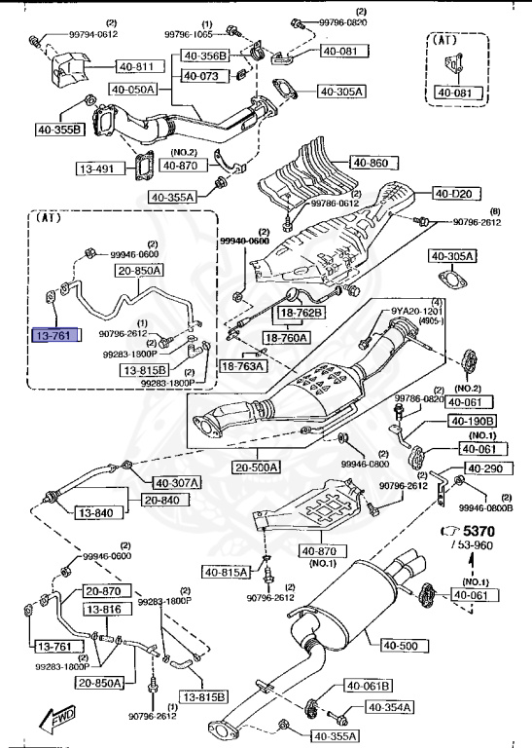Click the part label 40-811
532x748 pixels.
[137, 66]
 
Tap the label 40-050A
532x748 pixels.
[133, 90]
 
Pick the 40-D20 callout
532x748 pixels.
[454, 194]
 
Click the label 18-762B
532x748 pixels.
[302, 313]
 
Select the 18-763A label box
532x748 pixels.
[241, 365]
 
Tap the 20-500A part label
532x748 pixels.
[256, 467]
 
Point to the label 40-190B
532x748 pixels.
[472, 421]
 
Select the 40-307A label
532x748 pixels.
[176, 482]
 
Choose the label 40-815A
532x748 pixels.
[226, 571]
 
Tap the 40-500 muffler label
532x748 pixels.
[400, 645]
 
